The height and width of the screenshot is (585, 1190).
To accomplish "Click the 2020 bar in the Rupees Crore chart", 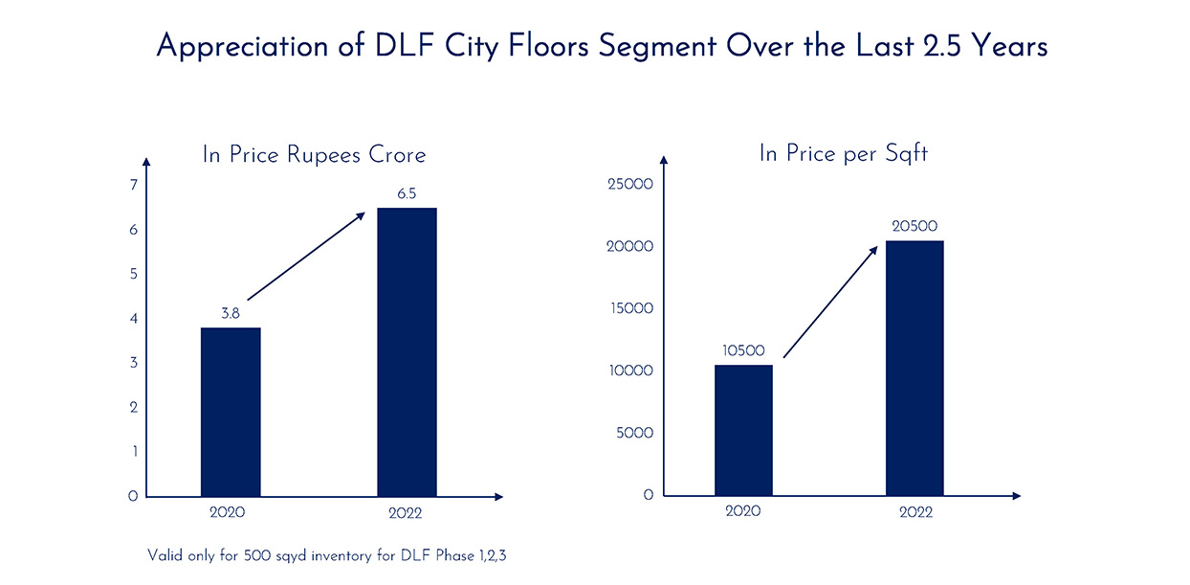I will click(x=231, y=412).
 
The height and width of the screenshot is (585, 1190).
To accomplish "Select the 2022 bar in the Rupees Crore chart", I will click(x=407, y=352).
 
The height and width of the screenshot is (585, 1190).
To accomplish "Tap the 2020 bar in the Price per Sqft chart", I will click(x=743, y=430).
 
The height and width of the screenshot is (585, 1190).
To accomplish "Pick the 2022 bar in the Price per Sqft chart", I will click(x=915, y=368).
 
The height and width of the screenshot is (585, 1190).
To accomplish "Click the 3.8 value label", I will click(x=231, y=313).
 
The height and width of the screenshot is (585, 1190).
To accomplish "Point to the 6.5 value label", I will click(x=407, y=193).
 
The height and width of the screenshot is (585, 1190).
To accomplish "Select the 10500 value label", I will click(x=743, y=351).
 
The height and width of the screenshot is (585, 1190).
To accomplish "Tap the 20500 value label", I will click(x=915, y=226).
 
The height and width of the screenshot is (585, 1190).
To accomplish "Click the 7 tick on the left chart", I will click(x=134, y=185).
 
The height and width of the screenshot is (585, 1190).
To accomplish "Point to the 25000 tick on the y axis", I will click(x=630, y=185).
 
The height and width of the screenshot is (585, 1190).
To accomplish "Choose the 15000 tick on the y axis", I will click(x=630, y=308).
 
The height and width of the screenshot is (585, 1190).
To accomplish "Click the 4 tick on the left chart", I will click(x=134, y=319).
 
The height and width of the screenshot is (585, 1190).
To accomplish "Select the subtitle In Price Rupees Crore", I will click(x=314, y=155).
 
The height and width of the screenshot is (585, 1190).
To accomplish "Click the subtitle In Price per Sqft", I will click(x=843, y=153).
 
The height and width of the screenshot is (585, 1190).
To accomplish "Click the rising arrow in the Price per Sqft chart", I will click(x=830, y=302).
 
